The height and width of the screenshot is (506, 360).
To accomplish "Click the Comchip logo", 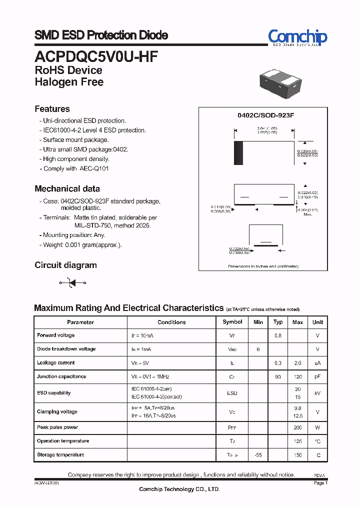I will pos(297,37).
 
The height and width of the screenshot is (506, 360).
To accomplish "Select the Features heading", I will pos(52,109).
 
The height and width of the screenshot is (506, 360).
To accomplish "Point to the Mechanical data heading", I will pos(67,189).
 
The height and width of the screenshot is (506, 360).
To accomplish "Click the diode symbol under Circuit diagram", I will pos(72,283).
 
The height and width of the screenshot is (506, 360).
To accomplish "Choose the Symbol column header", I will pos(232,322).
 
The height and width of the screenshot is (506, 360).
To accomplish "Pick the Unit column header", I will pos(317,322).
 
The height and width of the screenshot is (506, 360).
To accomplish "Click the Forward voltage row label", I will pos(55,335).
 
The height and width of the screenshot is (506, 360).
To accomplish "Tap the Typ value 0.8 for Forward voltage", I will pos(278,335).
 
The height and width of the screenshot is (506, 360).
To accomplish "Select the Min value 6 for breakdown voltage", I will pos(258,349).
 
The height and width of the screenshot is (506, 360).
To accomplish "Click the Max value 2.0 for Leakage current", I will pos(297,363).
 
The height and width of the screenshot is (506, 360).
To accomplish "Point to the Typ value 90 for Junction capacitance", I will pos(278,376).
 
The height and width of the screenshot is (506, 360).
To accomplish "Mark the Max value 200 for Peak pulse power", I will pos(297,427).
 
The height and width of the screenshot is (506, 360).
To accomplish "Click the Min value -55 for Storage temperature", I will pos(258,455).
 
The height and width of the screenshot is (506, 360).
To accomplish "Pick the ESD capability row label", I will pos(53,393).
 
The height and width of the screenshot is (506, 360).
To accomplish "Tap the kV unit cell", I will pos(317,393).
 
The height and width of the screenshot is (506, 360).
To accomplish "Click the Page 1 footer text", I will pos(320,483).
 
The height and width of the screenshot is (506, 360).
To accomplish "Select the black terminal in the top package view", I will pos(238,153).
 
